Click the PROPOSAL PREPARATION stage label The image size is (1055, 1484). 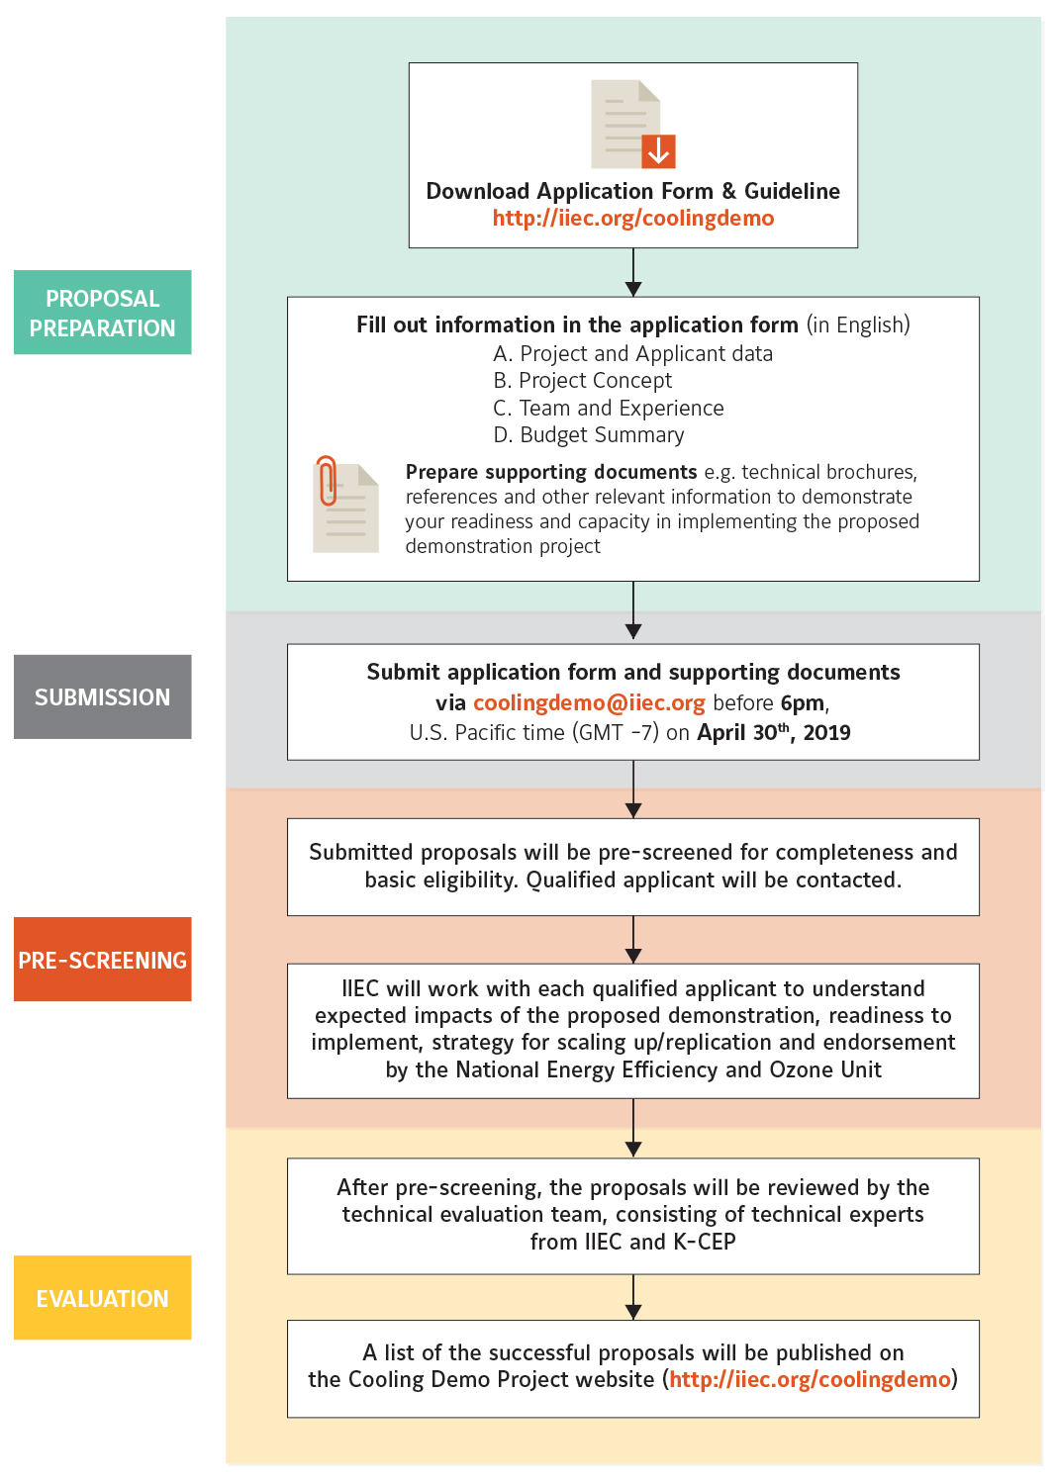click(103, 312)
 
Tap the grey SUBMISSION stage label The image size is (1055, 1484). click(103, 696)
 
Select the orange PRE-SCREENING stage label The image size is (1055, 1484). click(103, 960)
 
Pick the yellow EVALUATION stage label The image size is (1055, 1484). click(103, 1298)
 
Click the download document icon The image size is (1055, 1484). click(632, 124)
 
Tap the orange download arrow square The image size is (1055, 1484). click(658, 151)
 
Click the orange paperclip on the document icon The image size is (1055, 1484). click(327, 481)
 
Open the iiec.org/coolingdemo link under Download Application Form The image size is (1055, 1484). click(632, 218)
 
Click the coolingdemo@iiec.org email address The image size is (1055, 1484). click(589, 702)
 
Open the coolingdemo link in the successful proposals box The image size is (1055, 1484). click(810, 1379)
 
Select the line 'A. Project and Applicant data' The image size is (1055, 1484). click(632, 354)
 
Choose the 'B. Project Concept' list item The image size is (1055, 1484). click(583, 380)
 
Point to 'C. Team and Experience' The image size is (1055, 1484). click(609, 408)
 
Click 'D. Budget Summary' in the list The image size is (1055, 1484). click(589, 434)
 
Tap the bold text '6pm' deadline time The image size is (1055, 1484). click(803, 702)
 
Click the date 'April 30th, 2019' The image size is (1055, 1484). click(773, 732)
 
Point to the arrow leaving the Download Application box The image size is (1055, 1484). click(633, 272)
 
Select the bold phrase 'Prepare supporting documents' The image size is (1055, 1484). click(551, 472)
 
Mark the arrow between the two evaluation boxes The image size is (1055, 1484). click(633, 1297)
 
